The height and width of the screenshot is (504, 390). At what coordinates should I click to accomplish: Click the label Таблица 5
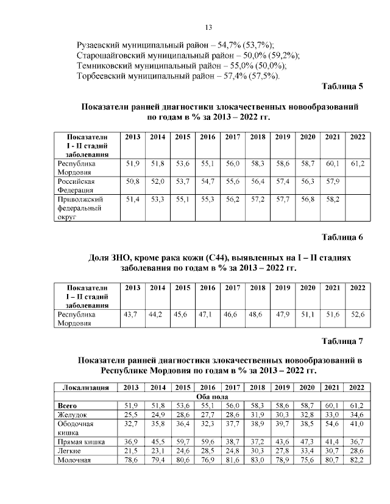point(341,86)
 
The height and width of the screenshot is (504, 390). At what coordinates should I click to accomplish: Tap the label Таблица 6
point(341,237)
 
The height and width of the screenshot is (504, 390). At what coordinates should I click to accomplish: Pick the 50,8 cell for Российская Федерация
point(133,181)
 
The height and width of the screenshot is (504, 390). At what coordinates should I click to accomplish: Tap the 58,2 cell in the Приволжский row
point(333,199)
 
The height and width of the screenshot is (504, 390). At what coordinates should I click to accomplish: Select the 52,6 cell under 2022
point(358,315)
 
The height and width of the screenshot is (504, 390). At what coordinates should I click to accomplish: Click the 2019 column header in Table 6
point(282,288)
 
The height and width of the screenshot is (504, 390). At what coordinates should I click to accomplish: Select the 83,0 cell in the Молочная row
point(257,460)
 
